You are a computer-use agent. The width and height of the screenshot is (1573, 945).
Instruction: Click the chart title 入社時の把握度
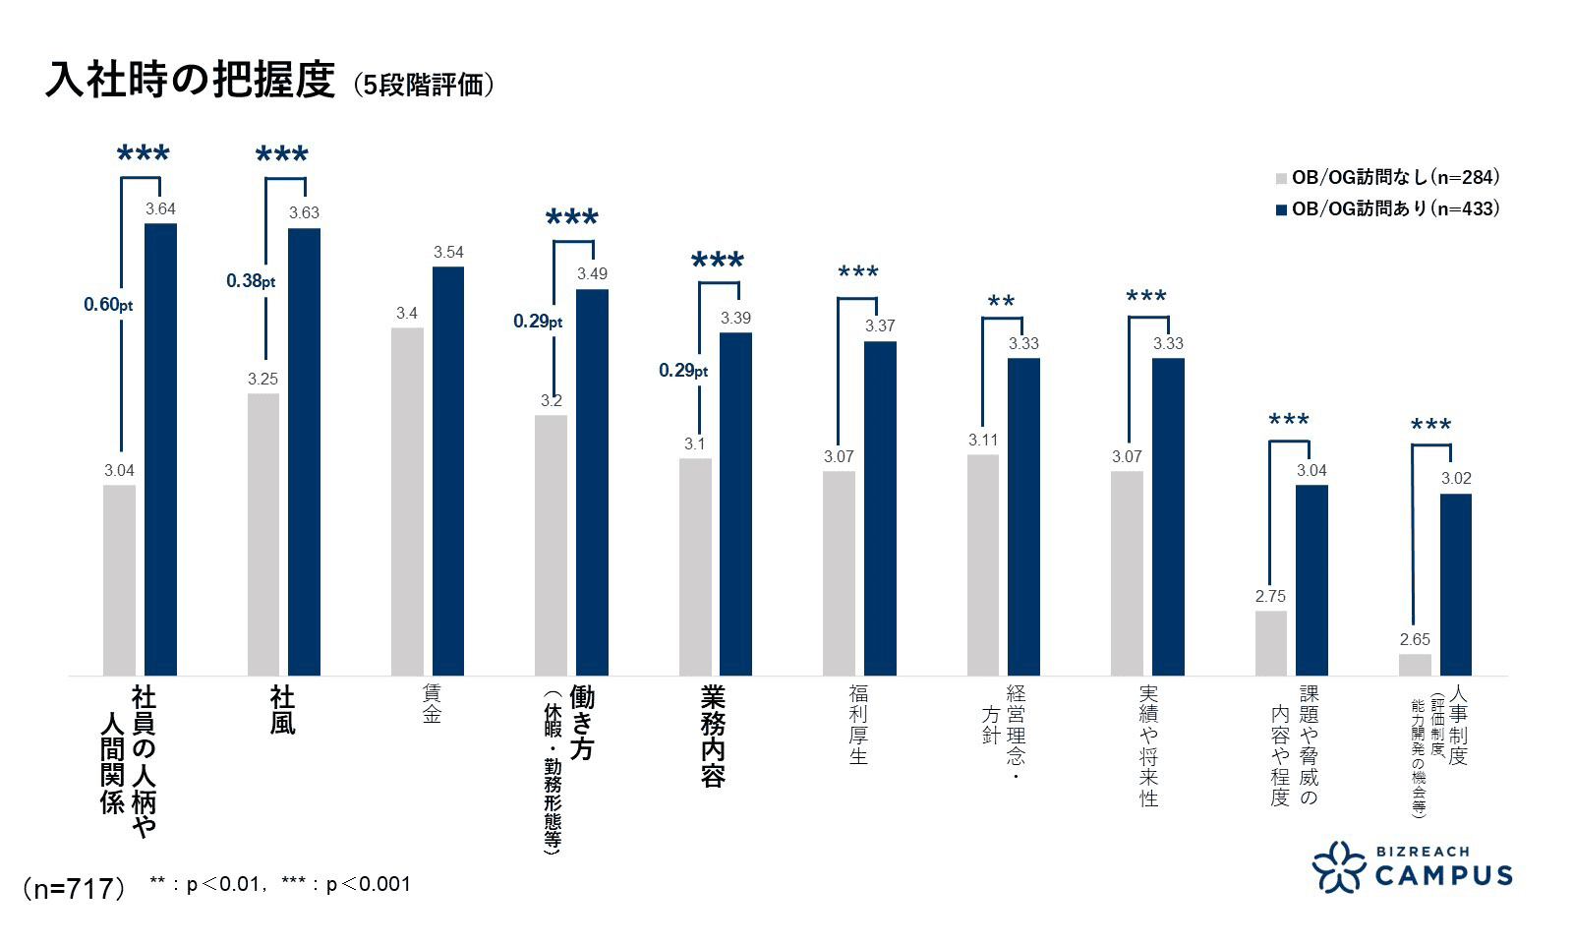(190, 81)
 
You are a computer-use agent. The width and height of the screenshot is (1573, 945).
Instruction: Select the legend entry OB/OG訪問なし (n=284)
(1386, 178)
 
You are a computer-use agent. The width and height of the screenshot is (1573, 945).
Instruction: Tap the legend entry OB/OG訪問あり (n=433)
(1386, 208)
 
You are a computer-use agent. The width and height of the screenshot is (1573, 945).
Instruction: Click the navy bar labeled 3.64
(160, 448)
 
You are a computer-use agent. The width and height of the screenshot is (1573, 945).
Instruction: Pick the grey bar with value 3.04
(119, 580)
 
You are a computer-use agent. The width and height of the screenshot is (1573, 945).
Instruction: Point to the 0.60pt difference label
(108, 305)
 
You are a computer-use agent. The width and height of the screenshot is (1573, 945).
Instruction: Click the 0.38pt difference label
(251, 281)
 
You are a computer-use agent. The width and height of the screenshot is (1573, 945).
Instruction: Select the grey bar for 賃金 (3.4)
(407, 502)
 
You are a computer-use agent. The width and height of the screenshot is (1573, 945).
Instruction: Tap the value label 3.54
(448, 253)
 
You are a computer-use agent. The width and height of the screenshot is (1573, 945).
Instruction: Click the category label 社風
(282, 711)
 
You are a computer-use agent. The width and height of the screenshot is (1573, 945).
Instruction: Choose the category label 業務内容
(714, 737)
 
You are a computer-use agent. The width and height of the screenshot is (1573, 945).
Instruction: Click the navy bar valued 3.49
(592, 482)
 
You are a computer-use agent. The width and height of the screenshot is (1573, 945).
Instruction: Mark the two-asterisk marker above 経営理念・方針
(1001, 304)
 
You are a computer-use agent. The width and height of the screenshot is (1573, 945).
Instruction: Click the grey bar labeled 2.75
(1270, 643)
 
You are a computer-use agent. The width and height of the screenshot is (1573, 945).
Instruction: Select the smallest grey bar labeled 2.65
(1415, 665)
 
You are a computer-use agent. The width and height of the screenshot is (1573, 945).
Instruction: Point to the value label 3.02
(1456, 479)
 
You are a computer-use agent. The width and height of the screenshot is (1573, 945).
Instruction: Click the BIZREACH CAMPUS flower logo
(1339, 866)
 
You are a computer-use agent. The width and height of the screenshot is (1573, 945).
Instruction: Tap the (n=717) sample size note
(74, 888)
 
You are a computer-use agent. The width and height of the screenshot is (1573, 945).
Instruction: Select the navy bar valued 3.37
(880, 507)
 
